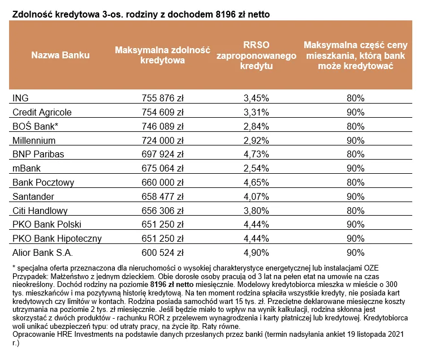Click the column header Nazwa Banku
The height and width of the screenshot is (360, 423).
[x=61, y=55]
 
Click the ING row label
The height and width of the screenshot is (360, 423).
[x=20, y=97]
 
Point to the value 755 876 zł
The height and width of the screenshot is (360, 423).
[x=162, y=97]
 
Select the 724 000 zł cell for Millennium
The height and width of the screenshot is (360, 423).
[x=162, y=140]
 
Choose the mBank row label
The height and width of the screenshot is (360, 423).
[x=26, y=168]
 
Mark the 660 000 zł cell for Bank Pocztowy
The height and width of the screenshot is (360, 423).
[x=162, y=182]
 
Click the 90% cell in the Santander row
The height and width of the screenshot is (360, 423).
[x=355, y=196]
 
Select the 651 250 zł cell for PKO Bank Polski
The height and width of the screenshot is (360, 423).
[x=162, y=225]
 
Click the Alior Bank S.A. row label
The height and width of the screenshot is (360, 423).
[x=42, y=252]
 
